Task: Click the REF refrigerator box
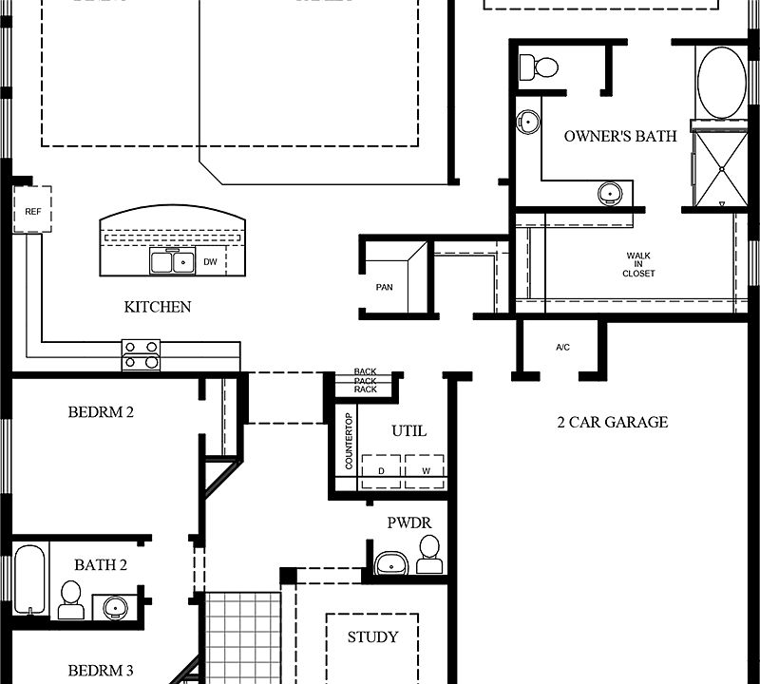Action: pos(31,212)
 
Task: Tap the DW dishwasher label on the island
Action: pos(211,262)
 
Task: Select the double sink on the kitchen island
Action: pos(172,261)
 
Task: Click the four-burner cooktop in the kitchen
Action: pos(141,354)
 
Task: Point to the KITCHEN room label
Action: pos(158,307)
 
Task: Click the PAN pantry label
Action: pos(384,287)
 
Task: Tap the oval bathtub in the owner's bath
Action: pos(721,83)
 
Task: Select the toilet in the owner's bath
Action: pos(541,67)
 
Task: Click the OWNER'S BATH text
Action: pos(620,137)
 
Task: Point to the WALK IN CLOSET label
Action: pos(638,264)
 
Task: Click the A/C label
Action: pos(562,348)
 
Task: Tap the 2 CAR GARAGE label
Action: pos(612,422)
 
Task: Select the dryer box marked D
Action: pos(381,471)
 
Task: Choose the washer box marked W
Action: pos(426,471)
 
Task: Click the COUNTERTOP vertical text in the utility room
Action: pos(349,441)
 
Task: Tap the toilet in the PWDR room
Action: pos(429,554)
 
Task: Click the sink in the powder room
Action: pos(390,562)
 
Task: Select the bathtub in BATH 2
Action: pos(28,580)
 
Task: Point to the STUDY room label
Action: pos(372,636)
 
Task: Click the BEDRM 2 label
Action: pos(101,412)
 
